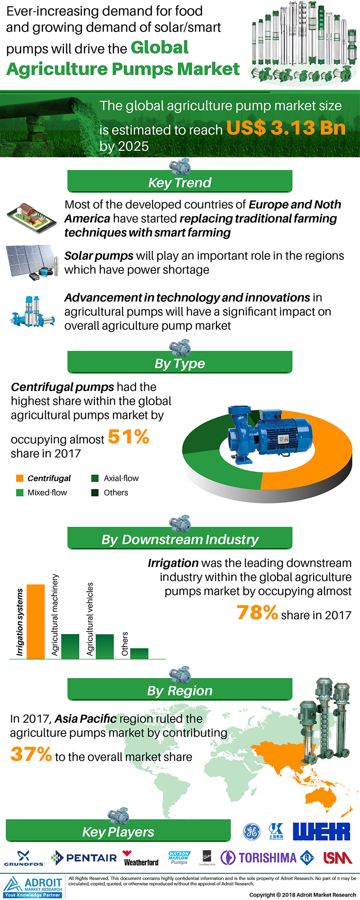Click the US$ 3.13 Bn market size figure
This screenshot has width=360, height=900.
pos(286,128)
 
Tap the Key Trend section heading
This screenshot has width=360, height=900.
pos(180,183)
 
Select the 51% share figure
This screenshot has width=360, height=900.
pos(129,437)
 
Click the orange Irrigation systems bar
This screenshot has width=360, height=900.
pos(36,621)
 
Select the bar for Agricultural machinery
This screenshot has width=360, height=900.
pos(70,646)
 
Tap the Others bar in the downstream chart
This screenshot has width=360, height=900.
pos(139,653)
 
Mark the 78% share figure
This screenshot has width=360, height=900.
pos(257,613)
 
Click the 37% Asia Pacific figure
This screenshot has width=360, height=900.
pos(31,755)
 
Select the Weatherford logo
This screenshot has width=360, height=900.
pos(141,859)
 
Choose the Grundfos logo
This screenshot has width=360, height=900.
pos(24,859)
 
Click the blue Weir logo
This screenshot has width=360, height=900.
pos(321,832)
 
